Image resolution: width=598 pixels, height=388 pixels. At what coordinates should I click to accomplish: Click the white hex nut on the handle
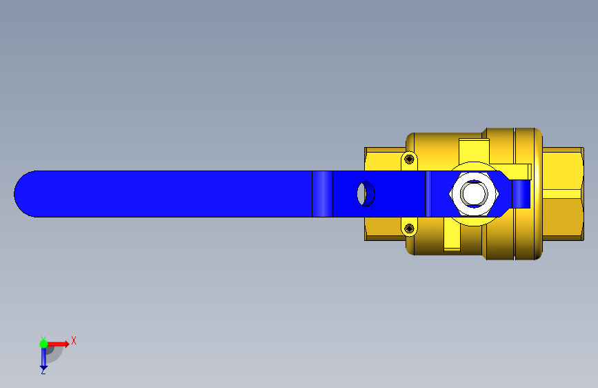point(474,193)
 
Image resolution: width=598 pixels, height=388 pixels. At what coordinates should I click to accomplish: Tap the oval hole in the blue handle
point(366,194)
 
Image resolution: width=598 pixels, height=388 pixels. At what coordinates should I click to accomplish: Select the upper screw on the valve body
point(409,159)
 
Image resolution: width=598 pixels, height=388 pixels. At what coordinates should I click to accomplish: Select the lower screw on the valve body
point(409,229)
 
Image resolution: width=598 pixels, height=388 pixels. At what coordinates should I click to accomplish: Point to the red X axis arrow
point(58,344)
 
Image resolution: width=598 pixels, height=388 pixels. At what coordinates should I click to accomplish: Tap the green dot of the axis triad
point(44,344)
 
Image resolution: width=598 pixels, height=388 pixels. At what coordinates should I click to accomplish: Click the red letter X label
point(74,340)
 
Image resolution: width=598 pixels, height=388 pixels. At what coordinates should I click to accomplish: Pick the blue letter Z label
point(43,371)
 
